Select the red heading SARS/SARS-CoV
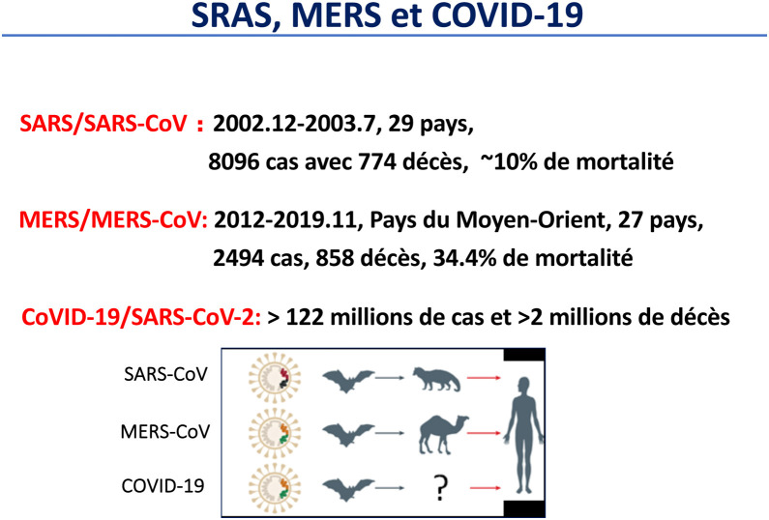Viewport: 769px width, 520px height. (x=103, y=124)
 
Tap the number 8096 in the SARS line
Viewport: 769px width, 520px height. (x=233, y=161)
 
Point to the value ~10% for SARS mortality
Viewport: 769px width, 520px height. (x=509, y=161)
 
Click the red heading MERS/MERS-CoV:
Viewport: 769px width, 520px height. (x=113, y=220)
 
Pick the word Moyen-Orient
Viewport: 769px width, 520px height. (x=531, y=220)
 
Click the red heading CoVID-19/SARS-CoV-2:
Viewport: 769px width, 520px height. (x=141, y=318)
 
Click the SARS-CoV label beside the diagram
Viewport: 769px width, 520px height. (x=165, y=374)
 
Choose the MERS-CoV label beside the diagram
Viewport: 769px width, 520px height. (x=165, y=432)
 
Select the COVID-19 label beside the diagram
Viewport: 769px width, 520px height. (x=163, y=486)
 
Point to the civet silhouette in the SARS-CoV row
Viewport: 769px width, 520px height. (x=436, y=379)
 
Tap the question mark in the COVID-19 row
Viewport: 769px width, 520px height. (x=441, y=488)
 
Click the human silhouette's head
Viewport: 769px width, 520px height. (x=523, y=386)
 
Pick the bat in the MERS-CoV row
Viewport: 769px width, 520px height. (x=348, y=435)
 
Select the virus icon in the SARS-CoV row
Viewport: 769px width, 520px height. (x=275, y=378)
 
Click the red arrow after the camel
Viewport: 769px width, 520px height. (x=484, y=433)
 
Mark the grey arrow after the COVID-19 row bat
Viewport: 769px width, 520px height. (x=390, y=488)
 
